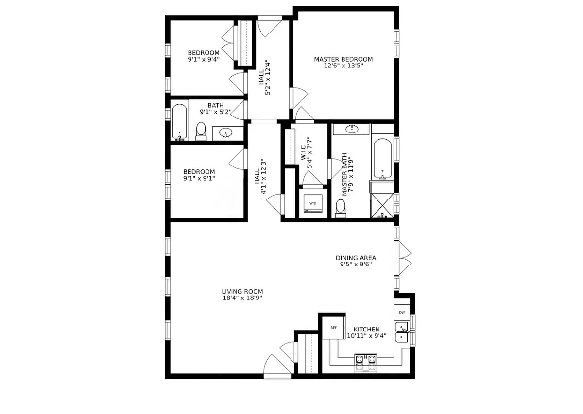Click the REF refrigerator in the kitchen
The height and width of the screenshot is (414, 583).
click(334, 328)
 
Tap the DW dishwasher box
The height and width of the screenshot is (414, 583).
click(402, 313)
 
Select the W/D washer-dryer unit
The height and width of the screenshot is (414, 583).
click(313, 203)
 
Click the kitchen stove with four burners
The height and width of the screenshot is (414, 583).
click(366, 363)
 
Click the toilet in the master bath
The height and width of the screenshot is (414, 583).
click(341, 209)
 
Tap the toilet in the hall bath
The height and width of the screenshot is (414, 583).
click(201, 132)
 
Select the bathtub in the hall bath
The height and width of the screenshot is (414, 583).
click(179, 122)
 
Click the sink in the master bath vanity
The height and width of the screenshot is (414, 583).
click(352, 129)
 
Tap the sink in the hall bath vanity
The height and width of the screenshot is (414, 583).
click(225, 133)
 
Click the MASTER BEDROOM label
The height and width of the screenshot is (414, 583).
click(343, 59)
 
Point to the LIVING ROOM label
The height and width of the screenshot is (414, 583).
click(242, 292)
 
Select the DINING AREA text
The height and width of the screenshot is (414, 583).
click(356, 258)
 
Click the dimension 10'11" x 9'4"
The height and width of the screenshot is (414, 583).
click(367, 336)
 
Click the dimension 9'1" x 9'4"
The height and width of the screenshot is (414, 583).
click(204, 59)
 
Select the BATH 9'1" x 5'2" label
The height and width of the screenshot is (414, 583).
click(216, 109)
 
